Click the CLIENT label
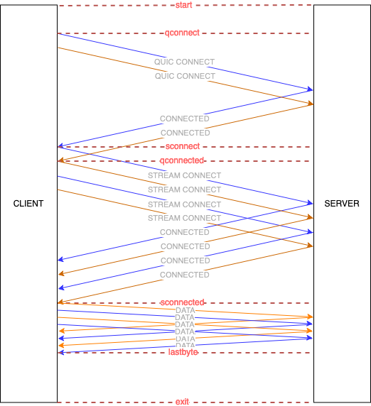[x=28, y=204]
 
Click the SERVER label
[x=342, y=204]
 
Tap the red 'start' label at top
[x=183, y=5]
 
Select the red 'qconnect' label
[x=182, y=33]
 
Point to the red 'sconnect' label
[x=182, y=146]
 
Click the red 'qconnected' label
[x=182, y=160]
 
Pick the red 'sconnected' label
[x=183, y=302]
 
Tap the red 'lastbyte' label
[x=183, y=352]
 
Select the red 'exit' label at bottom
[x=183, y=402]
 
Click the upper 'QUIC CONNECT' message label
[x=184, y=62]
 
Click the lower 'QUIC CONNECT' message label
[x=185, y=76]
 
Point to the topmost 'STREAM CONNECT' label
[x=184, y=175]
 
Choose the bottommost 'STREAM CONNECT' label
[x=184, y=218]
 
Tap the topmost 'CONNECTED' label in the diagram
[x=185, y=119]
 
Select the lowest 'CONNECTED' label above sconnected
[x=185, y=275]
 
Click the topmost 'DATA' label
[x=185, y=310]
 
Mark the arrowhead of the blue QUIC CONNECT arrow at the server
[x=311, y=89]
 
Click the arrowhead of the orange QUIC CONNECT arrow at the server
[x=311, y=104]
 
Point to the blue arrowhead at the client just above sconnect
[x=60, y=146]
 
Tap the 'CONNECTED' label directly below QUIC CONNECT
[x=185, y=119]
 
